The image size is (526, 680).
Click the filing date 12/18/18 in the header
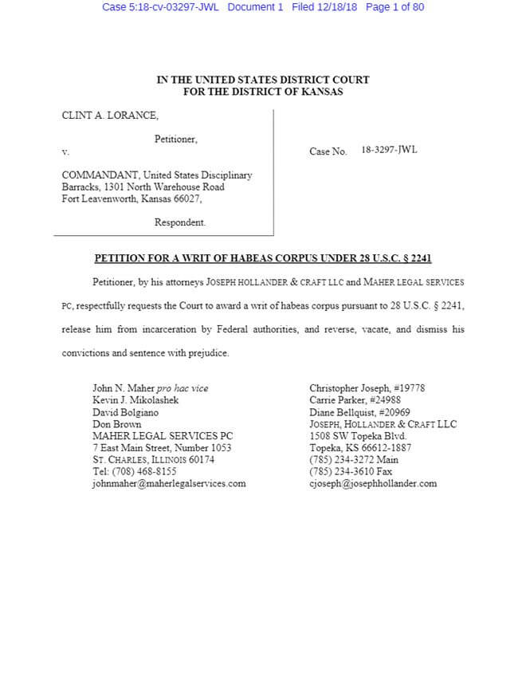(x=336, y=7)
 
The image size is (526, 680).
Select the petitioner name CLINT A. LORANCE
(x=110, y=116)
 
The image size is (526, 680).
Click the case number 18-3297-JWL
(x=389, y=150)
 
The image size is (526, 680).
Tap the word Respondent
(x=179, y=222)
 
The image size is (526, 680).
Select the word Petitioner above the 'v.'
(x=175, y=139)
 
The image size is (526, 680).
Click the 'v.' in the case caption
(x=65, y=151)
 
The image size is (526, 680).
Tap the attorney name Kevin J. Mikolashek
(x=135, y=400)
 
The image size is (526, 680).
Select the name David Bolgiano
(x=125, y=412)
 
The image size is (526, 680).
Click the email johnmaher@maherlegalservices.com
(x=169, y=483)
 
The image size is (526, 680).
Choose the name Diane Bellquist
(x=340, y=412)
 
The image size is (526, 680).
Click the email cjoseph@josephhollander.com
(x=373, y=483)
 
